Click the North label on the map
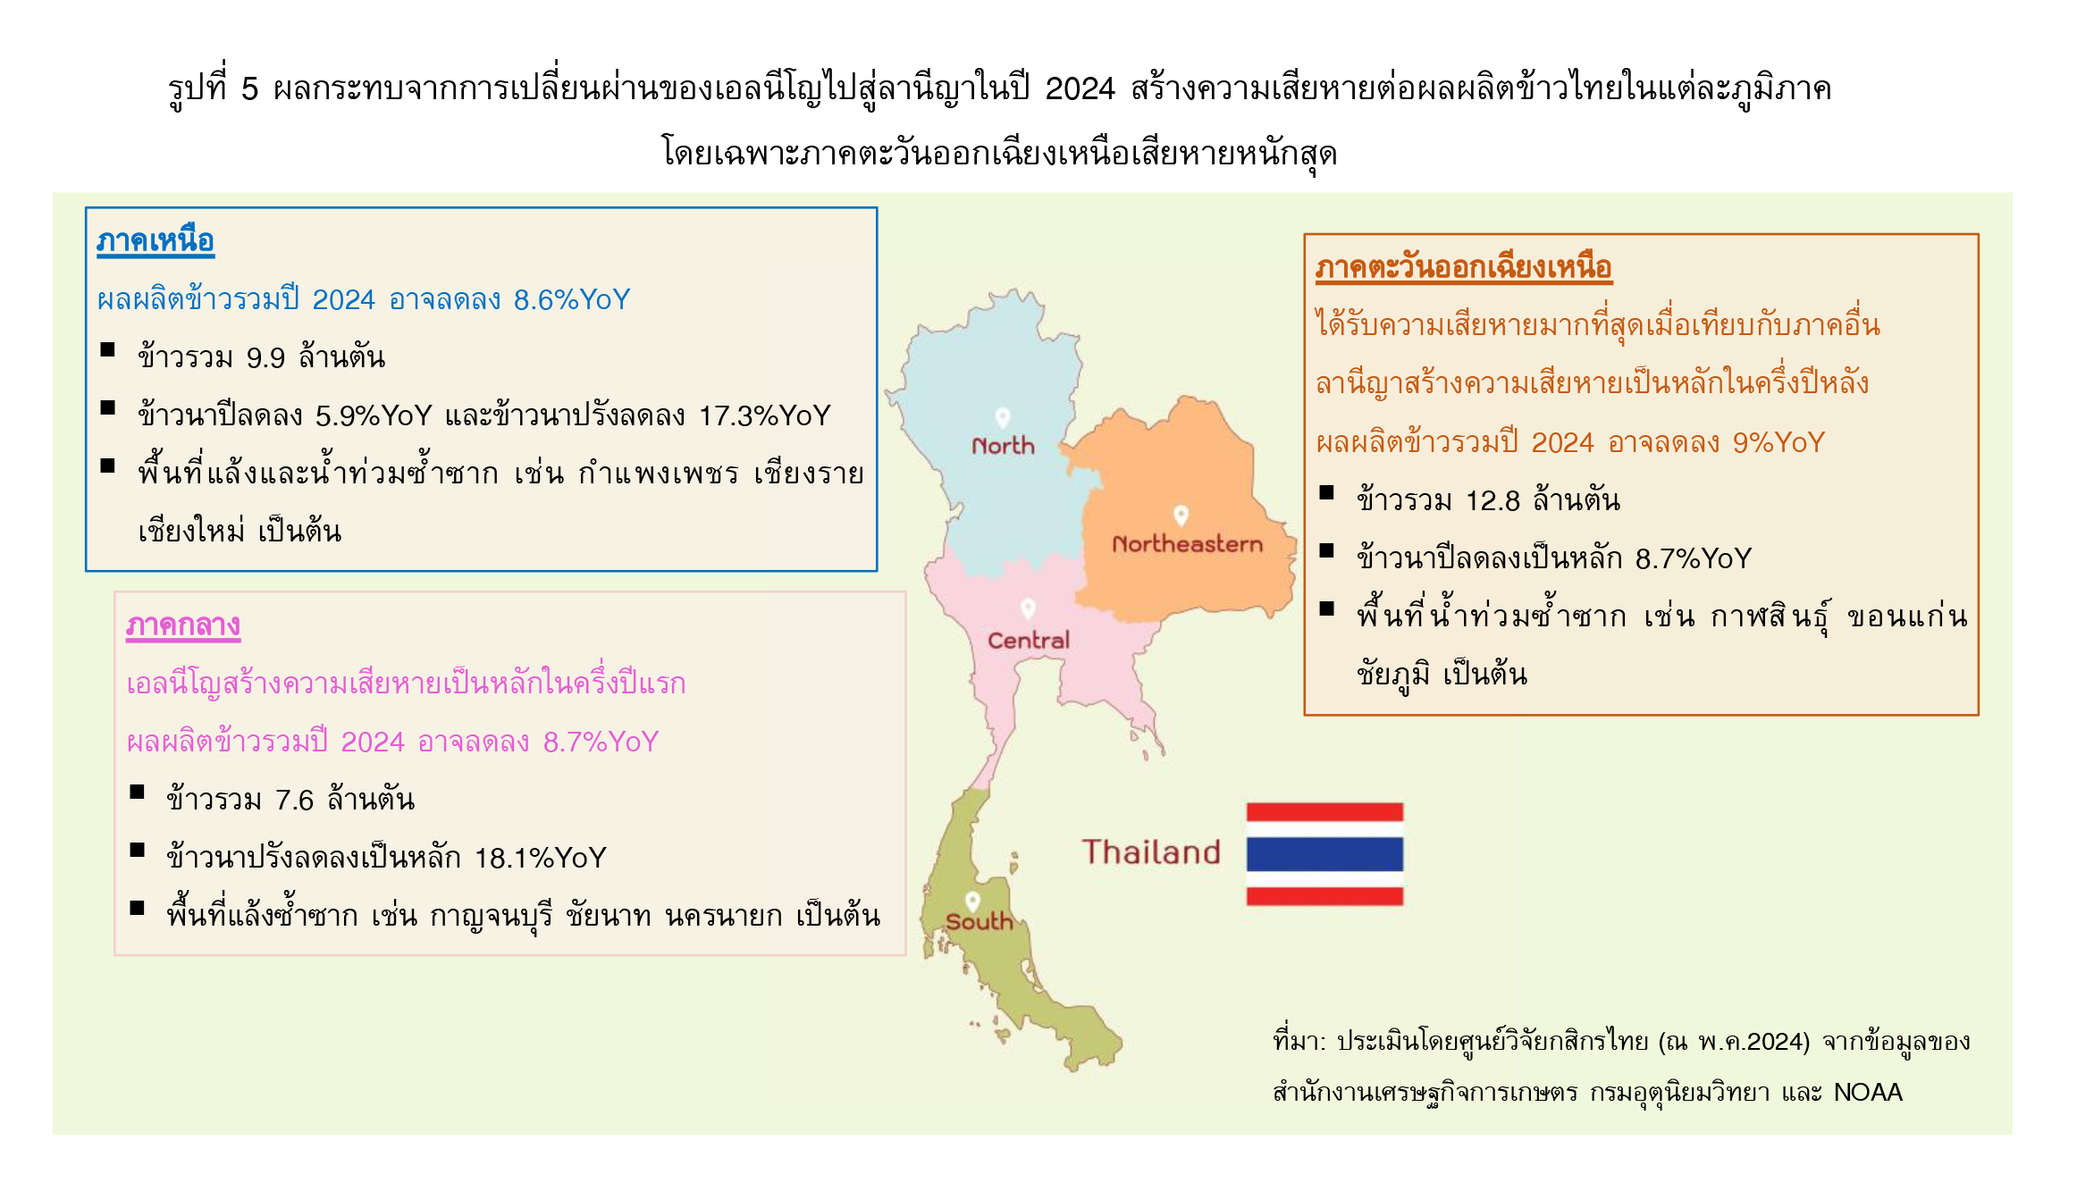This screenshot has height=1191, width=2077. coord(1003,445)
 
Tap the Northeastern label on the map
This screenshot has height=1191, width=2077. coord(1187,543)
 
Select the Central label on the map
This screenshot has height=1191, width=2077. coord(1028,640)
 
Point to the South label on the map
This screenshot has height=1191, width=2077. coord(979,921)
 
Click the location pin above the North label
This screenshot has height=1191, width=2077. coord(1003,417)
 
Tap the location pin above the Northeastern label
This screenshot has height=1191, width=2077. coord(1181,516)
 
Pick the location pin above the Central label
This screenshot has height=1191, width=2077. coord(1028,608)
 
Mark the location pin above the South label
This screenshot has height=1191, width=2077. coord(972,901)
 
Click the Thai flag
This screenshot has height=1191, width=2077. coord(1324,854)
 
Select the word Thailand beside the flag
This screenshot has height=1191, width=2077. coord(1151,852)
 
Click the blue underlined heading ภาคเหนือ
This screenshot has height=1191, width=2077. coord(156,240)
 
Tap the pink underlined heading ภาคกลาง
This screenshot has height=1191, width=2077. coord(183,625)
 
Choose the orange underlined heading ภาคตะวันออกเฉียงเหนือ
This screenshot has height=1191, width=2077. coord(1463,267)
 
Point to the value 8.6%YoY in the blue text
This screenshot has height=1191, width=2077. coord(572,299)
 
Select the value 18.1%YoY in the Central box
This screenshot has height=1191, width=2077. coord(541,858)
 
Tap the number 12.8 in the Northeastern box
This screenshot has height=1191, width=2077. coord(1493,500)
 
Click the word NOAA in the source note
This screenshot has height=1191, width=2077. coord(1868,1092)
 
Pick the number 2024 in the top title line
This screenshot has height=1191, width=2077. coord(1080,88)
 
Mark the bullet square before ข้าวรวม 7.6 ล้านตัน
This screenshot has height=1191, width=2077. coord(137,792)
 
